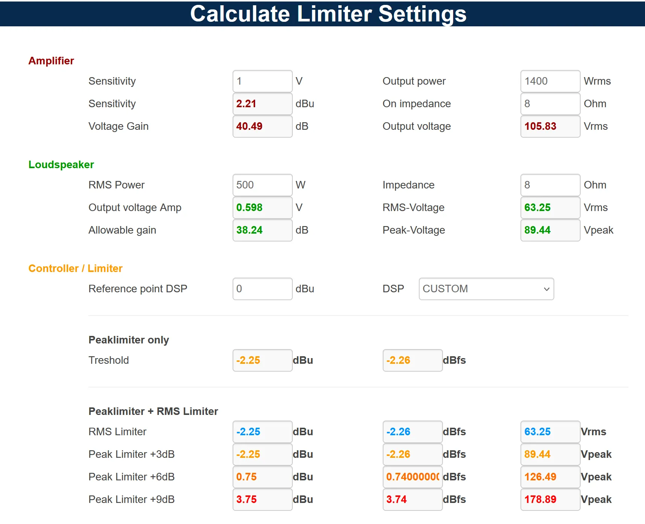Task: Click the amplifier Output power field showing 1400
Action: pos(550,81)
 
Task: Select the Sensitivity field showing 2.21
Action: pos(262,104)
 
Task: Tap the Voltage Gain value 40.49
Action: pos(262,126)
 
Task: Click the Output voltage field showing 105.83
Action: pos(550,126)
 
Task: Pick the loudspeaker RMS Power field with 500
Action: pos(262,185)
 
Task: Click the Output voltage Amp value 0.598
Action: pos(262,208)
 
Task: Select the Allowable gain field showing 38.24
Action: pos(262,230)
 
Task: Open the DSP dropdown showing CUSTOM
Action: pos(486,289)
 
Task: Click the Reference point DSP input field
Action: pos(262,289)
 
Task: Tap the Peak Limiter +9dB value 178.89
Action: pos(550,500)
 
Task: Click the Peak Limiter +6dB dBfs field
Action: pos(412,477)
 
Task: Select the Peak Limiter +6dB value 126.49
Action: pos(550,477)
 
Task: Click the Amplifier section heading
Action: pos(51,61)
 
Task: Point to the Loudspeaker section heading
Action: pos(61,165)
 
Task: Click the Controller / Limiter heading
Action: pos(76,269)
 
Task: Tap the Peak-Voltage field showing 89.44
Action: pos(550,230)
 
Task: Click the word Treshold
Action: pos(109,360)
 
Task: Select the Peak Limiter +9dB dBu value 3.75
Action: pos(262,500)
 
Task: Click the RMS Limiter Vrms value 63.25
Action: pos(550,432)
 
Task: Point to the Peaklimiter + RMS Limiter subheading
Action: pos(153,412)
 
